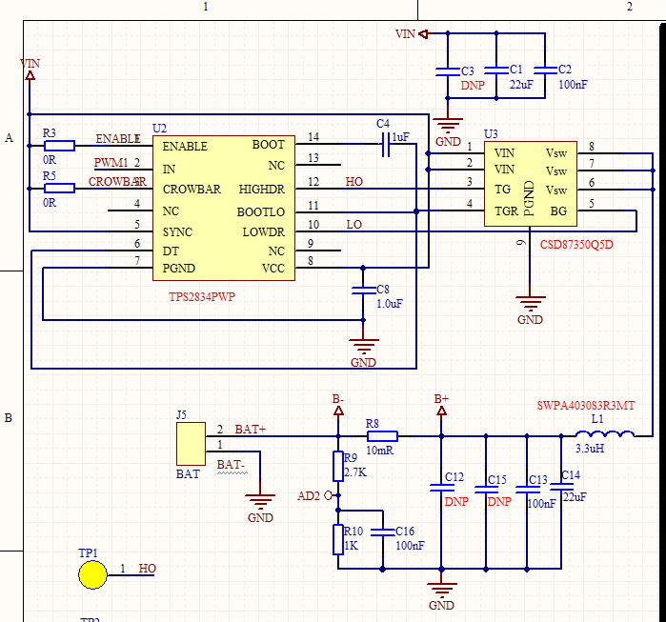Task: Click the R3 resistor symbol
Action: [59, 146]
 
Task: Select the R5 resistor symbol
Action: [59, 189]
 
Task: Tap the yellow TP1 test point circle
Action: [92, 575]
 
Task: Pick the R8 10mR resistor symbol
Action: [382, 436]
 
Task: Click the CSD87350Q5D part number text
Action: [576, 245]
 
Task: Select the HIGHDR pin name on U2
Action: [262, 190]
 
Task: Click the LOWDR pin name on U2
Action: [263, 232]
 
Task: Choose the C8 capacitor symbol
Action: [359, 292]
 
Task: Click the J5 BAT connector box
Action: [189, 443]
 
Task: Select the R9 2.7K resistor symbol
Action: [337, 466]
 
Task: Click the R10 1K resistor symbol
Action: [337, 539]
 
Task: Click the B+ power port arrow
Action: [441, 411]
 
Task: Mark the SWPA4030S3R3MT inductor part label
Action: [586, 406]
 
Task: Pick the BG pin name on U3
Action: [559, 211]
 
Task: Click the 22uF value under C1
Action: [521, 85]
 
